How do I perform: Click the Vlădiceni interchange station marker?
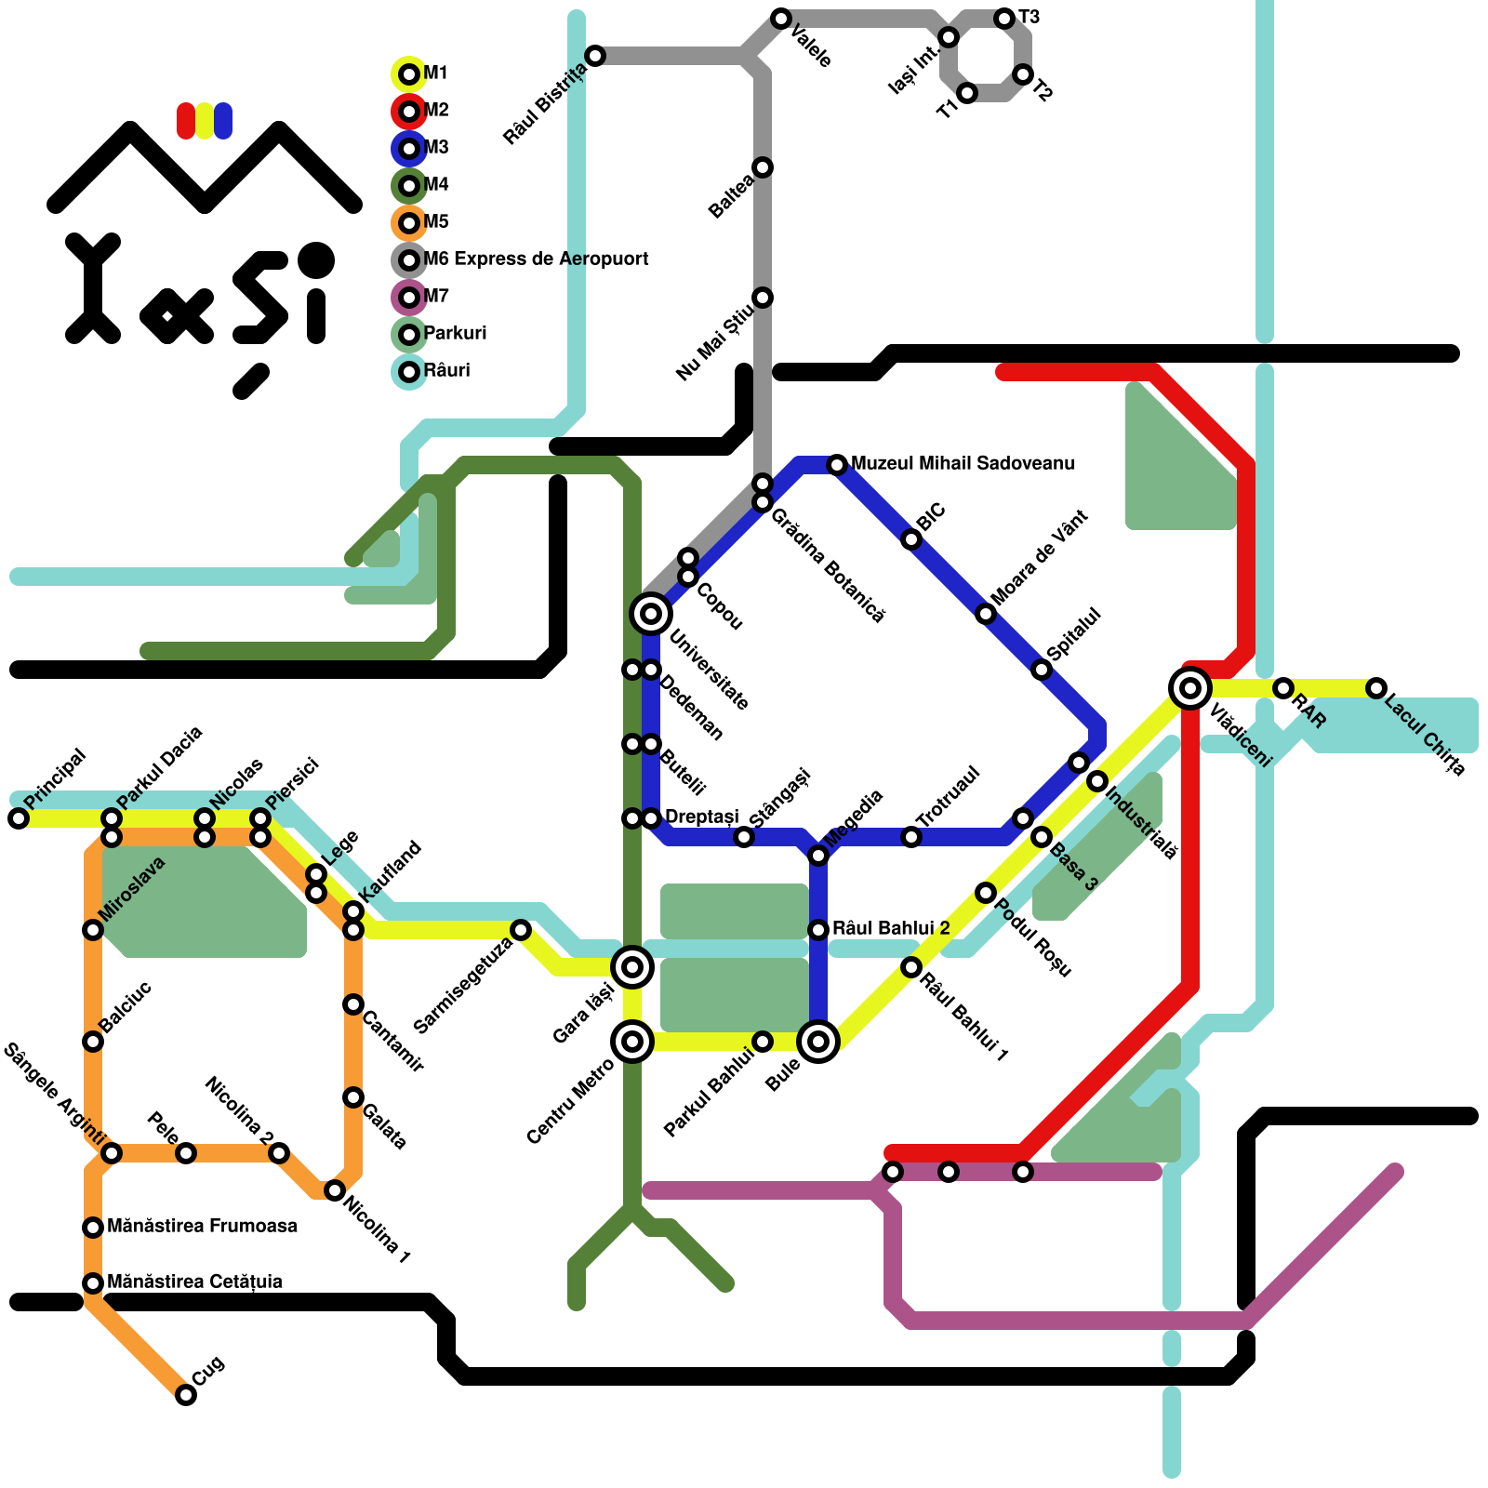(x=1189, y=688)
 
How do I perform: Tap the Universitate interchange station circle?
(x=651, y=614)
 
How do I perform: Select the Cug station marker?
(x=186, y=1395)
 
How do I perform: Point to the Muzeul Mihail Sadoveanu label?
(x=963, y=463)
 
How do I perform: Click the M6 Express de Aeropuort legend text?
(x=536, y=259)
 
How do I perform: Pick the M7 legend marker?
(x=409, y=298)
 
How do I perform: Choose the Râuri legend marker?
(x=409, y=372)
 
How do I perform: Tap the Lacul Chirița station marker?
(x=1376, y=688)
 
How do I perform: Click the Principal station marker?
(x=19, y=818)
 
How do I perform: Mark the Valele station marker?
(x=781, y=19)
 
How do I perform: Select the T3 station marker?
(x=1004, y=19)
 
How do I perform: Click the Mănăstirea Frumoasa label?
(x=202, y=1226)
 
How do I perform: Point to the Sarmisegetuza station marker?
(x=521, y=930)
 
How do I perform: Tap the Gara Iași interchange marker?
(x=632, y=967)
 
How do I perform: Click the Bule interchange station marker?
(x=818, y=1042)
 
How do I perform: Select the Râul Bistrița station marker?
(x=595, y=56)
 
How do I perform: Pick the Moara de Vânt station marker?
(x=986, y=614)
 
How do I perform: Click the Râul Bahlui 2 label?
(x=891, y=928)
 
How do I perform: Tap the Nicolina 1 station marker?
(x=335, y=1190)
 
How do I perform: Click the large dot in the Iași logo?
(x=316, y=259)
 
